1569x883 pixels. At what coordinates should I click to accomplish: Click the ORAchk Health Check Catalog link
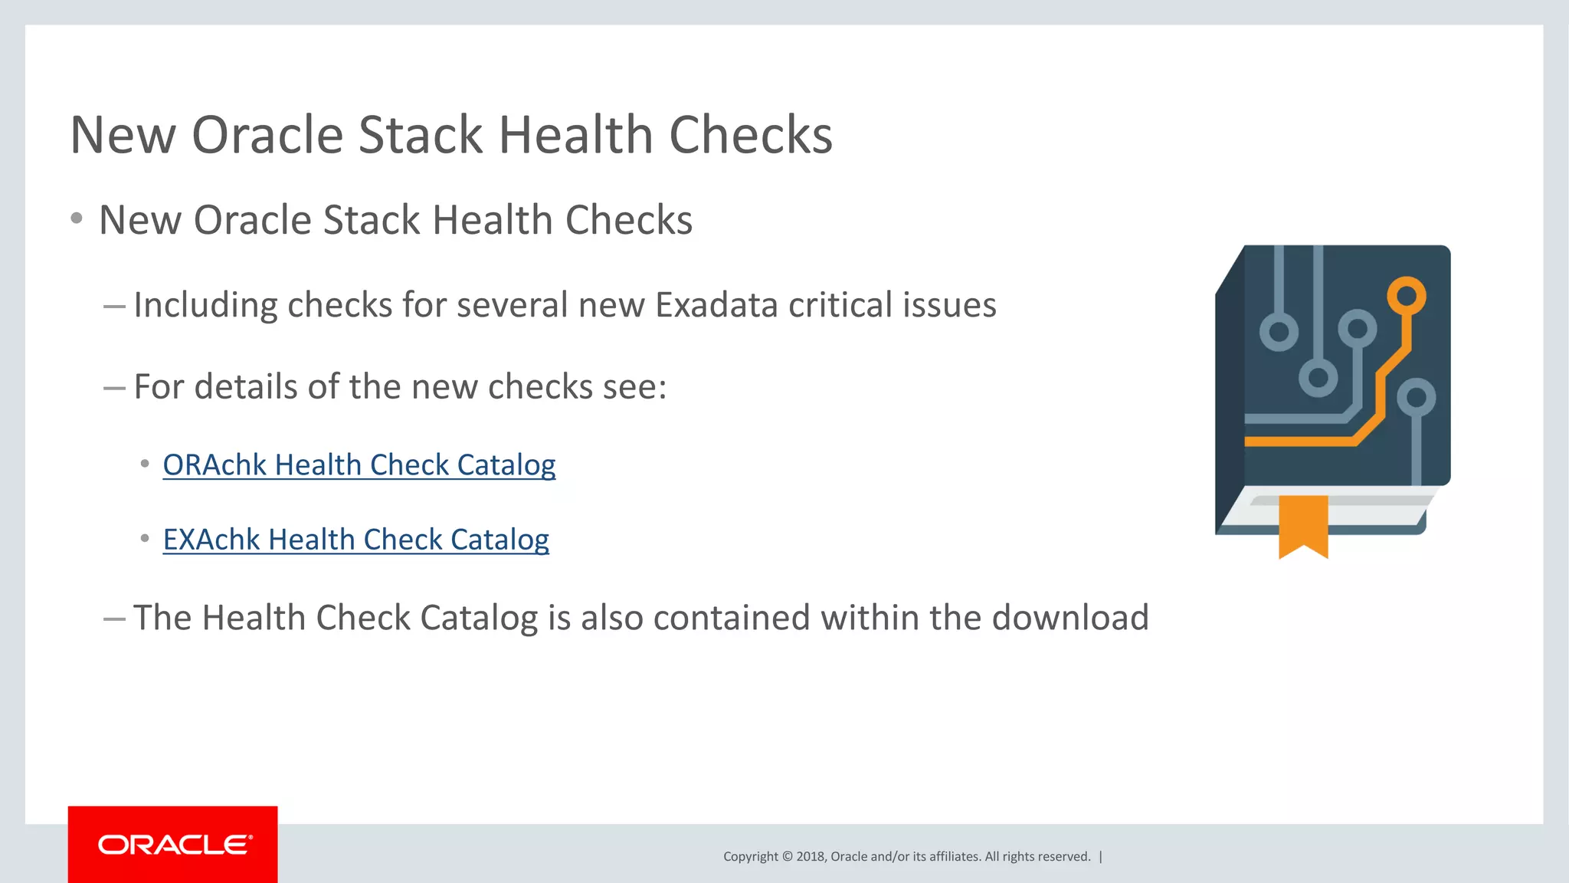coord(359,465)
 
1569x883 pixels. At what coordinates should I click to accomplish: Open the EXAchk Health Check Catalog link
coord(355,540)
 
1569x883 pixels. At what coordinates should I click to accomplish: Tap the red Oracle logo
coord(173,844)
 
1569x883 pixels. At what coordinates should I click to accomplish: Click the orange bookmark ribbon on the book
coord(1303,525)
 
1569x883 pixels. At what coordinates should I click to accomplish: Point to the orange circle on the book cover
coord(1407,295)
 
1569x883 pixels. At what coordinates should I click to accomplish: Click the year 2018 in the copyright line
coord(810,857)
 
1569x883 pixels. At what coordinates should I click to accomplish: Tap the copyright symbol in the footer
coord(787,857)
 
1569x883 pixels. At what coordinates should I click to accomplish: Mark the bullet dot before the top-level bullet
coord(77,219)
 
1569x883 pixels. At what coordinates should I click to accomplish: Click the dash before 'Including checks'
coord(114,307)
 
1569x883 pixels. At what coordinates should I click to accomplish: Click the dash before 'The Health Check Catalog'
coord(114,619)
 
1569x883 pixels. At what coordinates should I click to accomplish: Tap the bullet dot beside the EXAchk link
coord(145,540)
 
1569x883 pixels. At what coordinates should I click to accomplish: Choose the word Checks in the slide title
coord(750,136)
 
